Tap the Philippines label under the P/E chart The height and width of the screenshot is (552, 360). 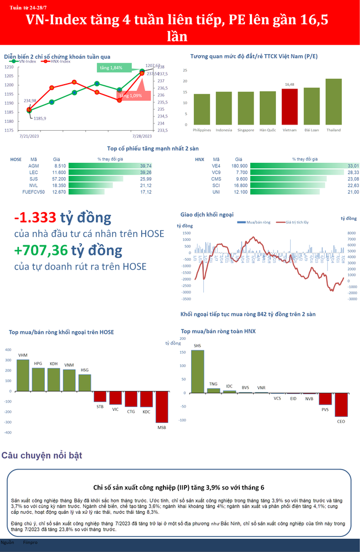pyautogui.click(x=202, y=130)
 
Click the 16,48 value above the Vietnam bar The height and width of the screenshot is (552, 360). pyautogui.click(x=289, y=85)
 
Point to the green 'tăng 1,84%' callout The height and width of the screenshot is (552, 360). pyautogui.click(x=112, y=68)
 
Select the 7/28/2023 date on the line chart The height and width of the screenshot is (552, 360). pyautogui.click(x=142, y=135)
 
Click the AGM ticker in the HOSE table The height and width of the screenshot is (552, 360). pyautogui.click(x=33, y=166)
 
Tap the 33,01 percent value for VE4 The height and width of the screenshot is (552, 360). pyautogui.click(x=352, y=166)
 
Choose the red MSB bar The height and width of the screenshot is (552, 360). pyautogui.click(x=161, y=406)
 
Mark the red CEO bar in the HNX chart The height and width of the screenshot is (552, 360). pyautogui.click(x=341, y=405)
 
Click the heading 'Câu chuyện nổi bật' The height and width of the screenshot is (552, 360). pyautogui.click(x=42, y=456)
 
